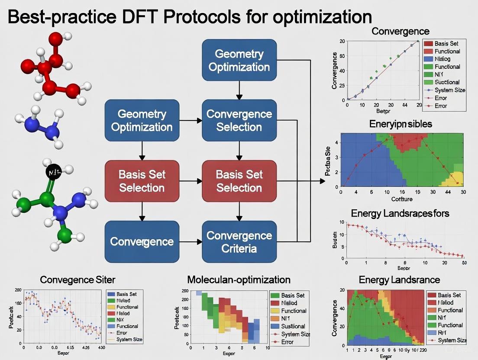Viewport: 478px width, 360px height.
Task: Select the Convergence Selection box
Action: (239, 120)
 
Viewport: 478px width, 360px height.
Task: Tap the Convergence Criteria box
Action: (239, 241)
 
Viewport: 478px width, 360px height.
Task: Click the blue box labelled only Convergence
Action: (142, 241)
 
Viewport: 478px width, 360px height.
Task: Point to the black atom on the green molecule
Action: (52, 173)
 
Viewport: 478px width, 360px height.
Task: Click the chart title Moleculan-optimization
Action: (239, 280)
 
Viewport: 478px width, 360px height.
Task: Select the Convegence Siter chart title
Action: (78, 280)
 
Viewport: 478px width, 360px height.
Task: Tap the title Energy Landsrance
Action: (399, 280)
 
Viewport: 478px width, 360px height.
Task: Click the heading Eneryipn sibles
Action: (400, 124)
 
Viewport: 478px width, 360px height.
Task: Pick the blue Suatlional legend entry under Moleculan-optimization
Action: (293, 326)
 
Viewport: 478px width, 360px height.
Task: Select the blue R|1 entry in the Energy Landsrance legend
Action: (446, 333)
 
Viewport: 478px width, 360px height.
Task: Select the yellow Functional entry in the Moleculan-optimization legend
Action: (293, 311)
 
